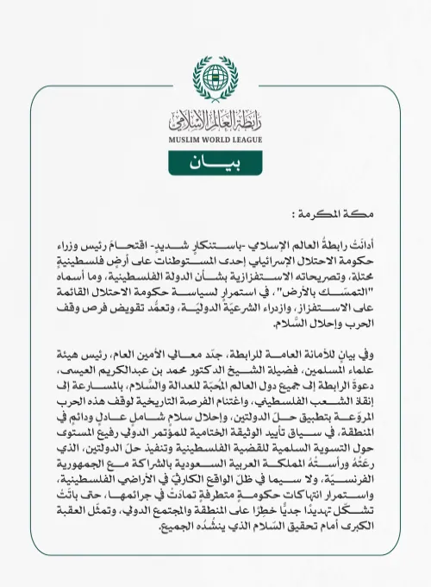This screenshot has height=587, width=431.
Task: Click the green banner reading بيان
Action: pos(215,163)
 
